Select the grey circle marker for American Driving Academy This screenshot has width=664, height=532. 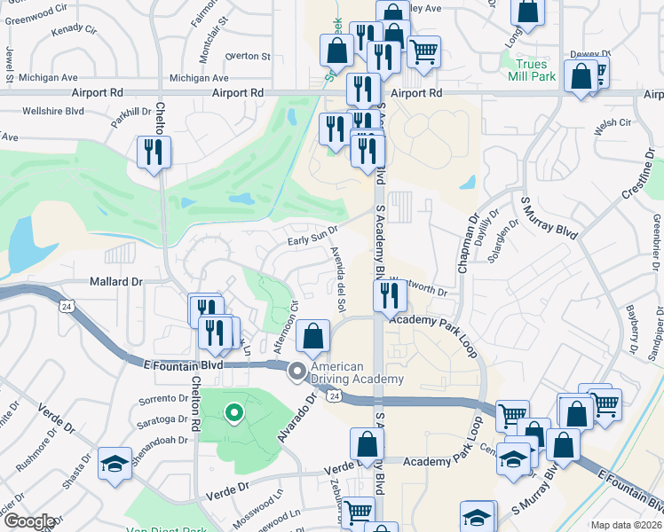(x=296, y=373)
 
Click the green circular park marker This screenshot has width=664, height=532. (x=233, y=411)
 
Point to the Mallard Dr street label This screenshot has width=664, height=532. (x=115, y=281)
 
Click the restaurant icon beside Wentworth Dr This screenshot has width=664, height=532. (x=391, y=296)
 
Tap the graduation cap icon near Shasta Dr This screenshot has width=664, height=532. (x=115, y=466)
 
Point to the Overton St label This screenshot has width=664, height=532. (x=248, y=56)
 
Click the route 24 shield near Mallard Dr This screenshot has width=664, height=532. (x=67, y=306)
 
